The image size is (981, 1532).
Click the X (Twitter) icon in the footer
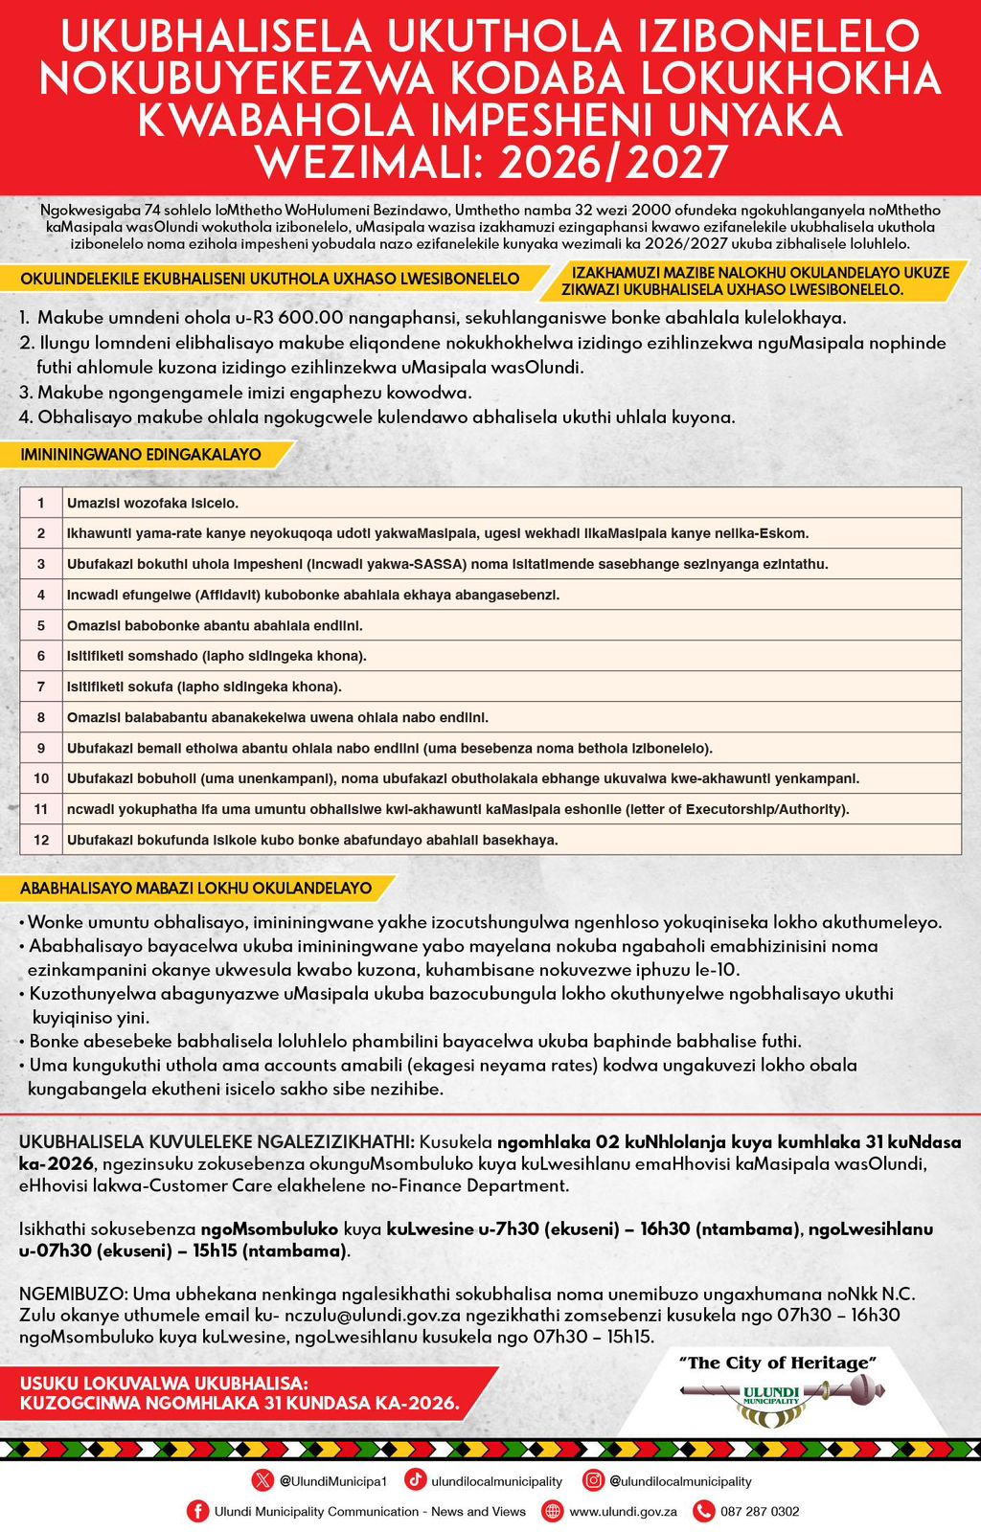tap(262, 1480)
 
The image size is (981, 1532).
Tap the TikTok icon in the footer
tap(416, 1480)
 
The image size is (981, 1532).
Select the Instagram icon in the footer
tap(594, 1480)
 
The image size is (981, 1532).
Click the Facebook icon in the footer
tap(197, 1511)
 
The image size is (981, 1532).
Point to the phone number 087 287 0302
tap(760, 1511)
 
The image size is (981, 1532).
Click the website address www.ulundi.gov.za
tap(623, 1511)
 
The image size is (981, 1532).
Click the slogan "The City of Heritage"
tap(777, 1362)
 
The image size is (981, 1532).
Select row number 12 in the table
tap(41, 840)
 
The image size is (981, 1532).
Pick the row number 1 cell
tap(41, 503)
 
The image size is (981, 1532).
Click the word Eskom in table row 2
tap(784, 533)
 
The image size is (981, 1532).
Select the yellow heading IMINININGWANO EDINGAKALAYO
tap(141, 455)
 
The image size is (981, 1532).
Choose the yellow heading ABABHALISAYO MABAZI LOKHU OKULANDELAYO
tap(195, 889)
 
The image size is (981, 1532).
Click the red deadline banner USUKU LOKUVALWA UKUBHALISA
tap(240, 1393)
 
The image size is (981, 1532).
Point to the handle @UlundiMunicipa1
tap(332, 1480)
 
